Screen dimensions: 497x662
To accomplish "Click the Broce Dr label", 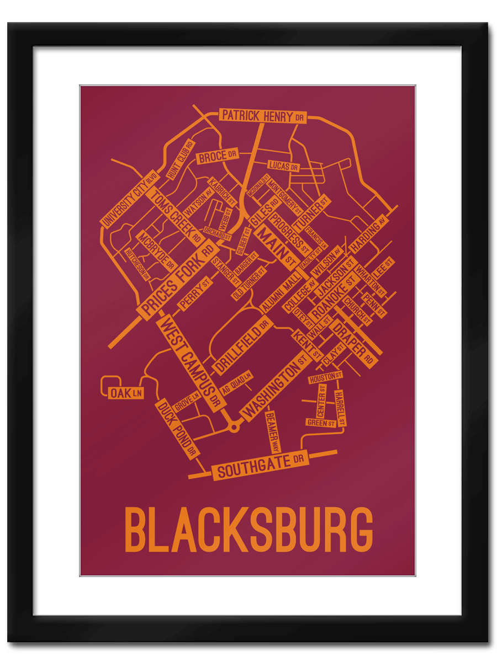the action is tap(218, 157).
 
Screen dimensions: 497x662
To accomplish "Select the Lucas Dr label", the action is tap(283, 165).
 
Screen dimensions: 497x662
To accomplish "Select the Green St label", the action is tap(321, 423).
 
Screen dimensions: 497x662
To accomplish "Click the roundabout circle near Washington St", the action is tap(235, 426).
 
